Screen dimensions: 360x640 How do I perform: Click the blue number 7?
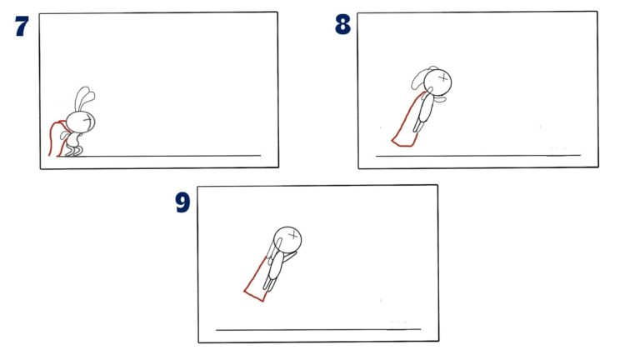point(22,27)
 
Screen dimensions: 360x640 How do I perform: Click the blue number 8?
point(342,25)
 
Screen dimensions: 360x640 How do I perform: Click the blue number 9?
point(183,202)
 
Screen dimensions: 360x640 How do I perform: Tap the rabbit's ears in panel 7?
point(83,97)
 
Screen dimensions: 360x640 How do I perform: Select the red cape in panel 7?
point(56,138)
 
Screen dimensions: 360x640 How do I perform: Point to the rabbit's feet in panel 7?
point(73,151)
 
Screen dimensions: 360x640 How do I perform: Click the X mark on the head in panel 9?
point(292,237)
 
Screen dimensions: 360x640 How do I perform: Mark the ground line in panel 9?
point(317,330)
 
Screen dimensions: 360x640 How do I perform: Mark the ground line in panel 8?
point(475,156)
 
